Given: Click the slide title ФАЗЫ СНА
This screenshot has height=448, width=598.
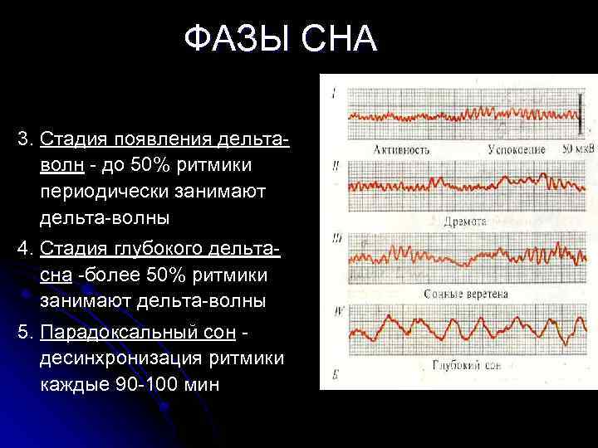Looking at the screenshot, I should (281, 38).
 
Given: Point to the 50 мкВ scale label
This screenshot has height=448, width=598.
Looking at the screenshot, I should (578, 150).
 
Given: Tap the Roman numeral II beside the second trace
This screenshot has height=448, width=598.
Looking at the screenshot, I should (335, 167).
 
